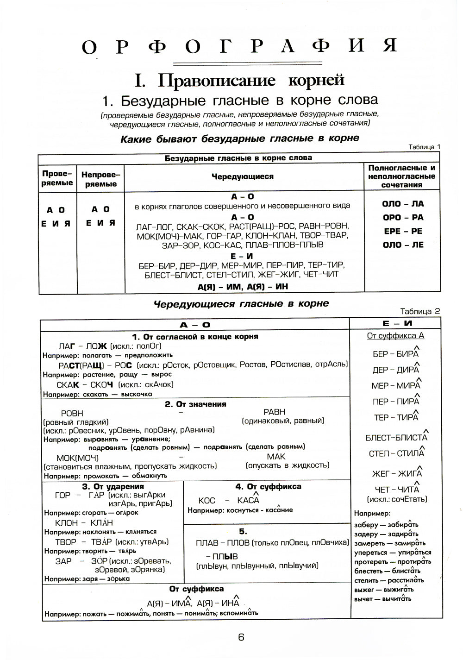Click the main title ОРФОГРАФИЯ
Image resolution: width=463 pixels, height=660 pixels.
(239, 47)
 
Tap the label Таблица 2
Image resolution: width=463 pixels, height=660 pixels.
(420, 311)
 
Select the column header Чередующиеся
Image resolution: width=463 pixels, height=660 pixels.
(243, 176)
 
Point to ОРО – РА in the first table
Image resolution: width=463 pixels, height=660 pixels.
(403, 217)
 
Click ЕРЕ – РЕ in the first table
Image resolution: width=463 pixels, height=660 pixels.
(403, 231)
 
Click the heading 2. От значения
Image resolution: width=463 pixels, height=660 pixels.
(195, 404)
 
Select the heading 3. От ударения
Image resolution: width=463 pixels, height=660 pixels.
(113, 486)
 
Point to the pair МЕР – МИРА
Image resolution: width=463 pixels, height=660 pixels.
(396, 385)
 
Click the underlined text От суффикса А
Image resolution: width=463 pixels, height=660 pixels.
(395, 336)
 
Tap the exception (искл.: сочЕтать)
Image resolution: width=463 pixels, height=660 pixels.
(397, 499)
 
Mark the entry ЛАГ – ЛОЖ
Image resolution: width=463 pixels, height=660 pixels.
(83, 346)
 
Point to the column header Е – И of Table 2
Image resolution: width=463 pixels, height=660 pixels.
(395, 324)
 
